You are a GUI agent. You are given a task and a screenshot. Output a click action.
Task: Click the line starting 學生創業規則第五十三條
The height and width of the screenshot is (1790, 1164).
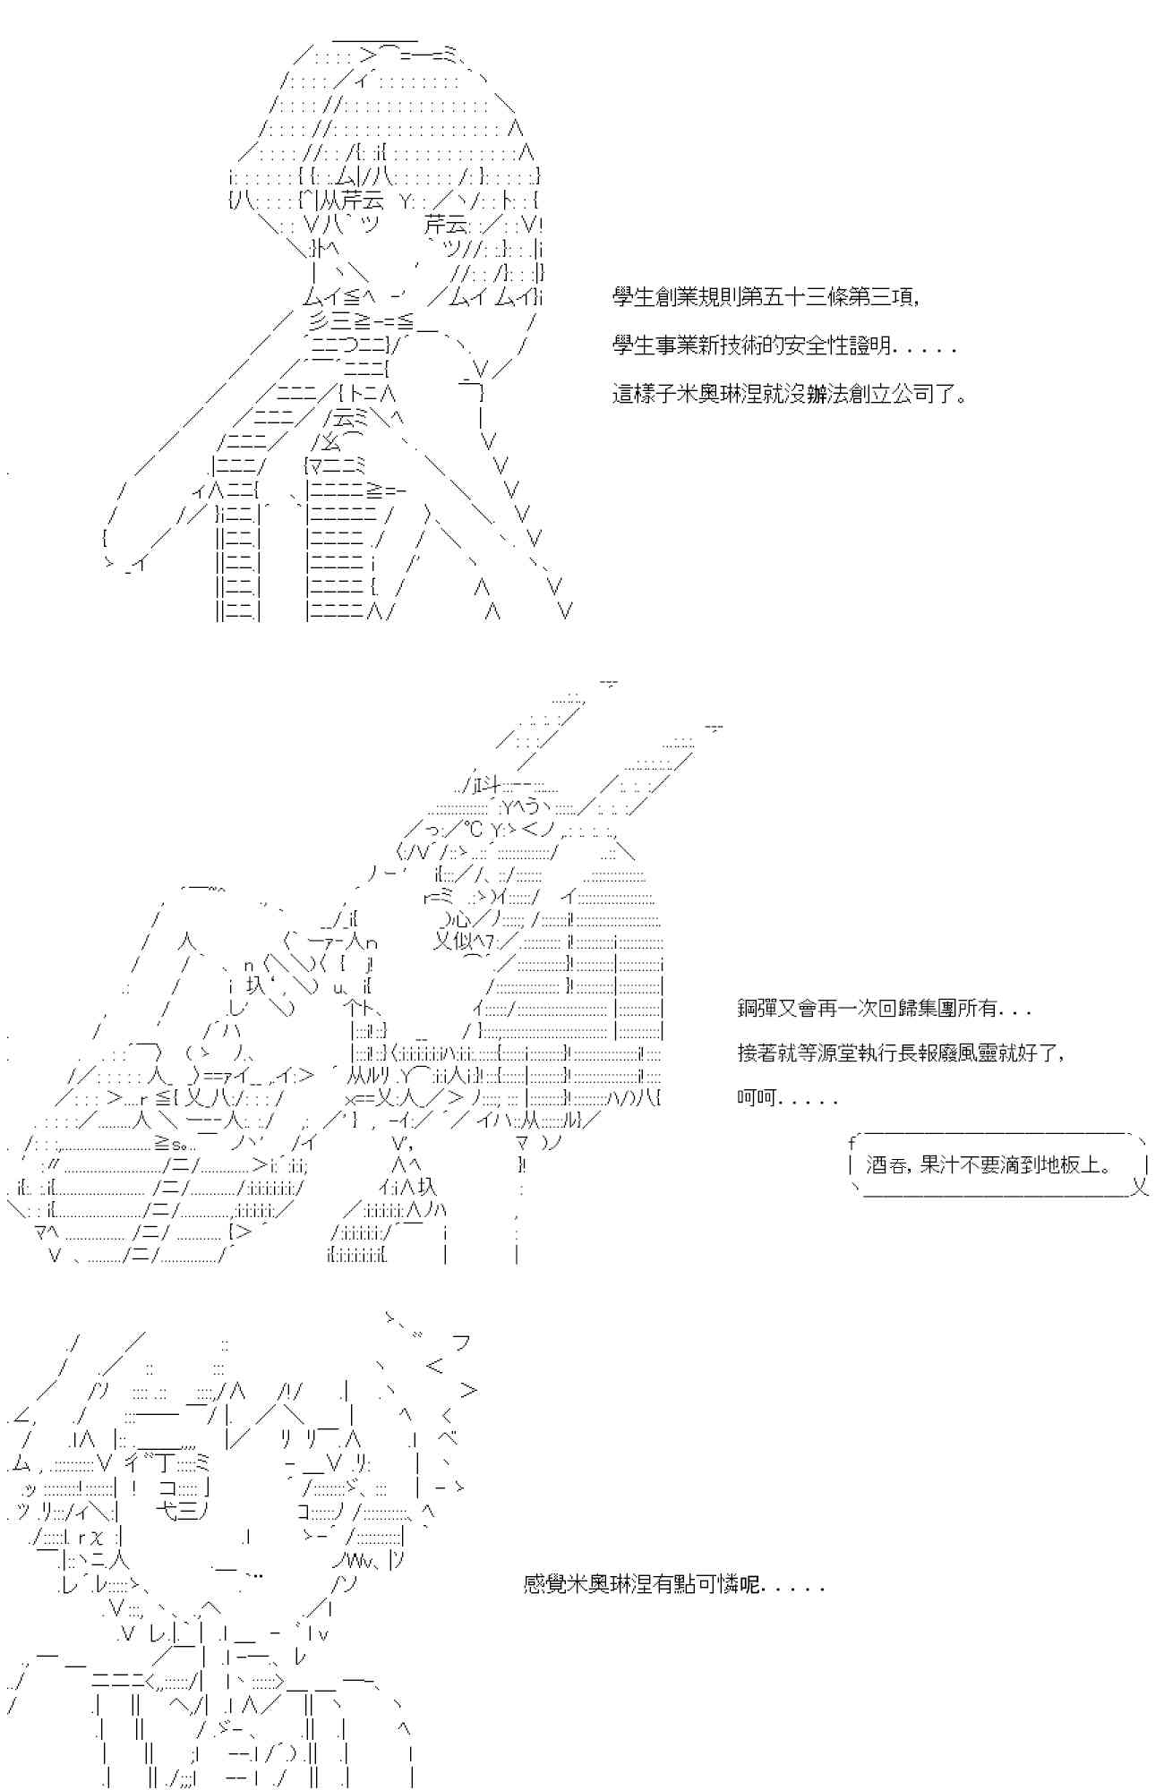(766, 298)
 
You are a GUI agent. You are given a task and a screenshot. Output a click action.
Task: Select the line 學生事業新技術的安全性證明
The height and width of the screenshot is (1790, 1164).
(784, 345)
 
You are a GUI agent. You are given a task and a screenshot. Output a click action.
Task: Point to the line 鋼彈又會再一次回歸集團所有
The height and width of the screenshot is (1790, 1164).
(884, 1009)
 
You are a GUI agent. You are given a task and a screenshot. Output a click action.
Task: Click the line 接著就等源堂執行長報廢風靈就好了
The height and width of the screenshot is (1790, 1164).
(902, 1053)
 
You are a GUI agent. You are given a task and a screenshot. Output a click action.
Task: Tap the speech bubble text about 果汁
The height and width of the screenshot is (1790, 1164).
(990, 1165)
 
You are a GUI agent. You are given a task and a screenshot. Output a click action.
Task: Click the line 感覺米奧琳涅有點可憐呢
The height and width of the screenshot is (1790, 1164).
(673, 1584)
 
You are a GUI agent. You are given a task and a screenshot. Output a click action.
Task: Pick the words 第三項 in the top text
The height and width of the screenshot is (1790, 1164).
(882, 298)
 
